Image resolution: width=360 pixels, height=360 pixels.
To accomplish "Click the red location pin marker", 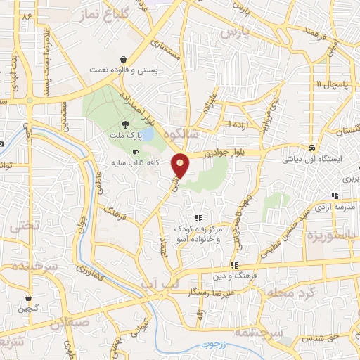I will click(181, 165).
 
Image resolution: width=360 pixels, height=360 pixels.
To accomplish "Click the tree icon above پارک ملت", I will click(125, 124).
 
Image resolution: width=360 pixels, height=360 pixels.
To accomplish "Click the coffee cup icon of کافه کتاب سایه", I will click(136, 152).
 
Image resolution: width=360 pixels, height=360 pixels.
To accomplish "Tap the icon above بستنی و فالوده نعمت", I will click(124, 60).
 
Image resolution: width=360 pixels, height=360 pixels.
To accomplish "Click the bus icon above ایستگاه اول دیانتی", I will click(311, 148).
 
